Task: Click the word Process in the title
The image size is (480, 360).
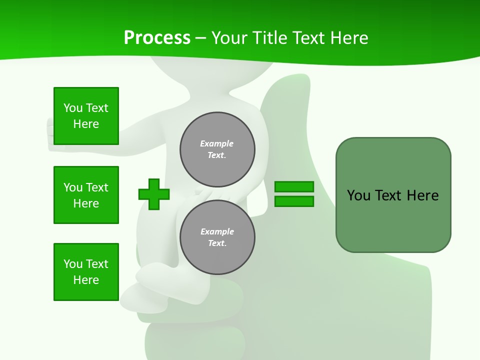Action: (157, 38)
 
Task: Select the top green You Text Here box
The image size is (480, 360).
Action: (86, 116)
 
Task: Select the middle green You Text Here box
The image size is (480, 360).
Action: (86, 195)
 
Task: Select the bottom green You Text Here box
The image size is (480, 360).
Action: (86, 272)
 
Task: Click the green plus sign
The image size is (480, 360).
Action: (154, 194)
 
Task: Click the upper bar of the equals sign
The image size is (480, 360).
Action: (294, 186)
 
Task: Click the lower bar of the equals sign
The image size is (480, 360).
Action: (294, 201)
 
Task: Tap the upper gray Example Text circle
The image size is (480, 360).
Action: (217, 149)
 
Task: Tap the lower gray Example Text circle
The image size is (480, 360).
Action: (217, 237)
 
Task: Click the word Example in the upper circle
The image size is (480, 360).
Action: (216, 143)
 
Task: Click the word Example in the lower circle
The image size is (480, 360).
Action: (217, 231)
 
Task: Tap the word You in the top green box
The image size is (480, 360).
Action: (72, 108)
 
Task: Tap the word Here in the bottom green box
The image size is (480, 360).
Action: (86, 280)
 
